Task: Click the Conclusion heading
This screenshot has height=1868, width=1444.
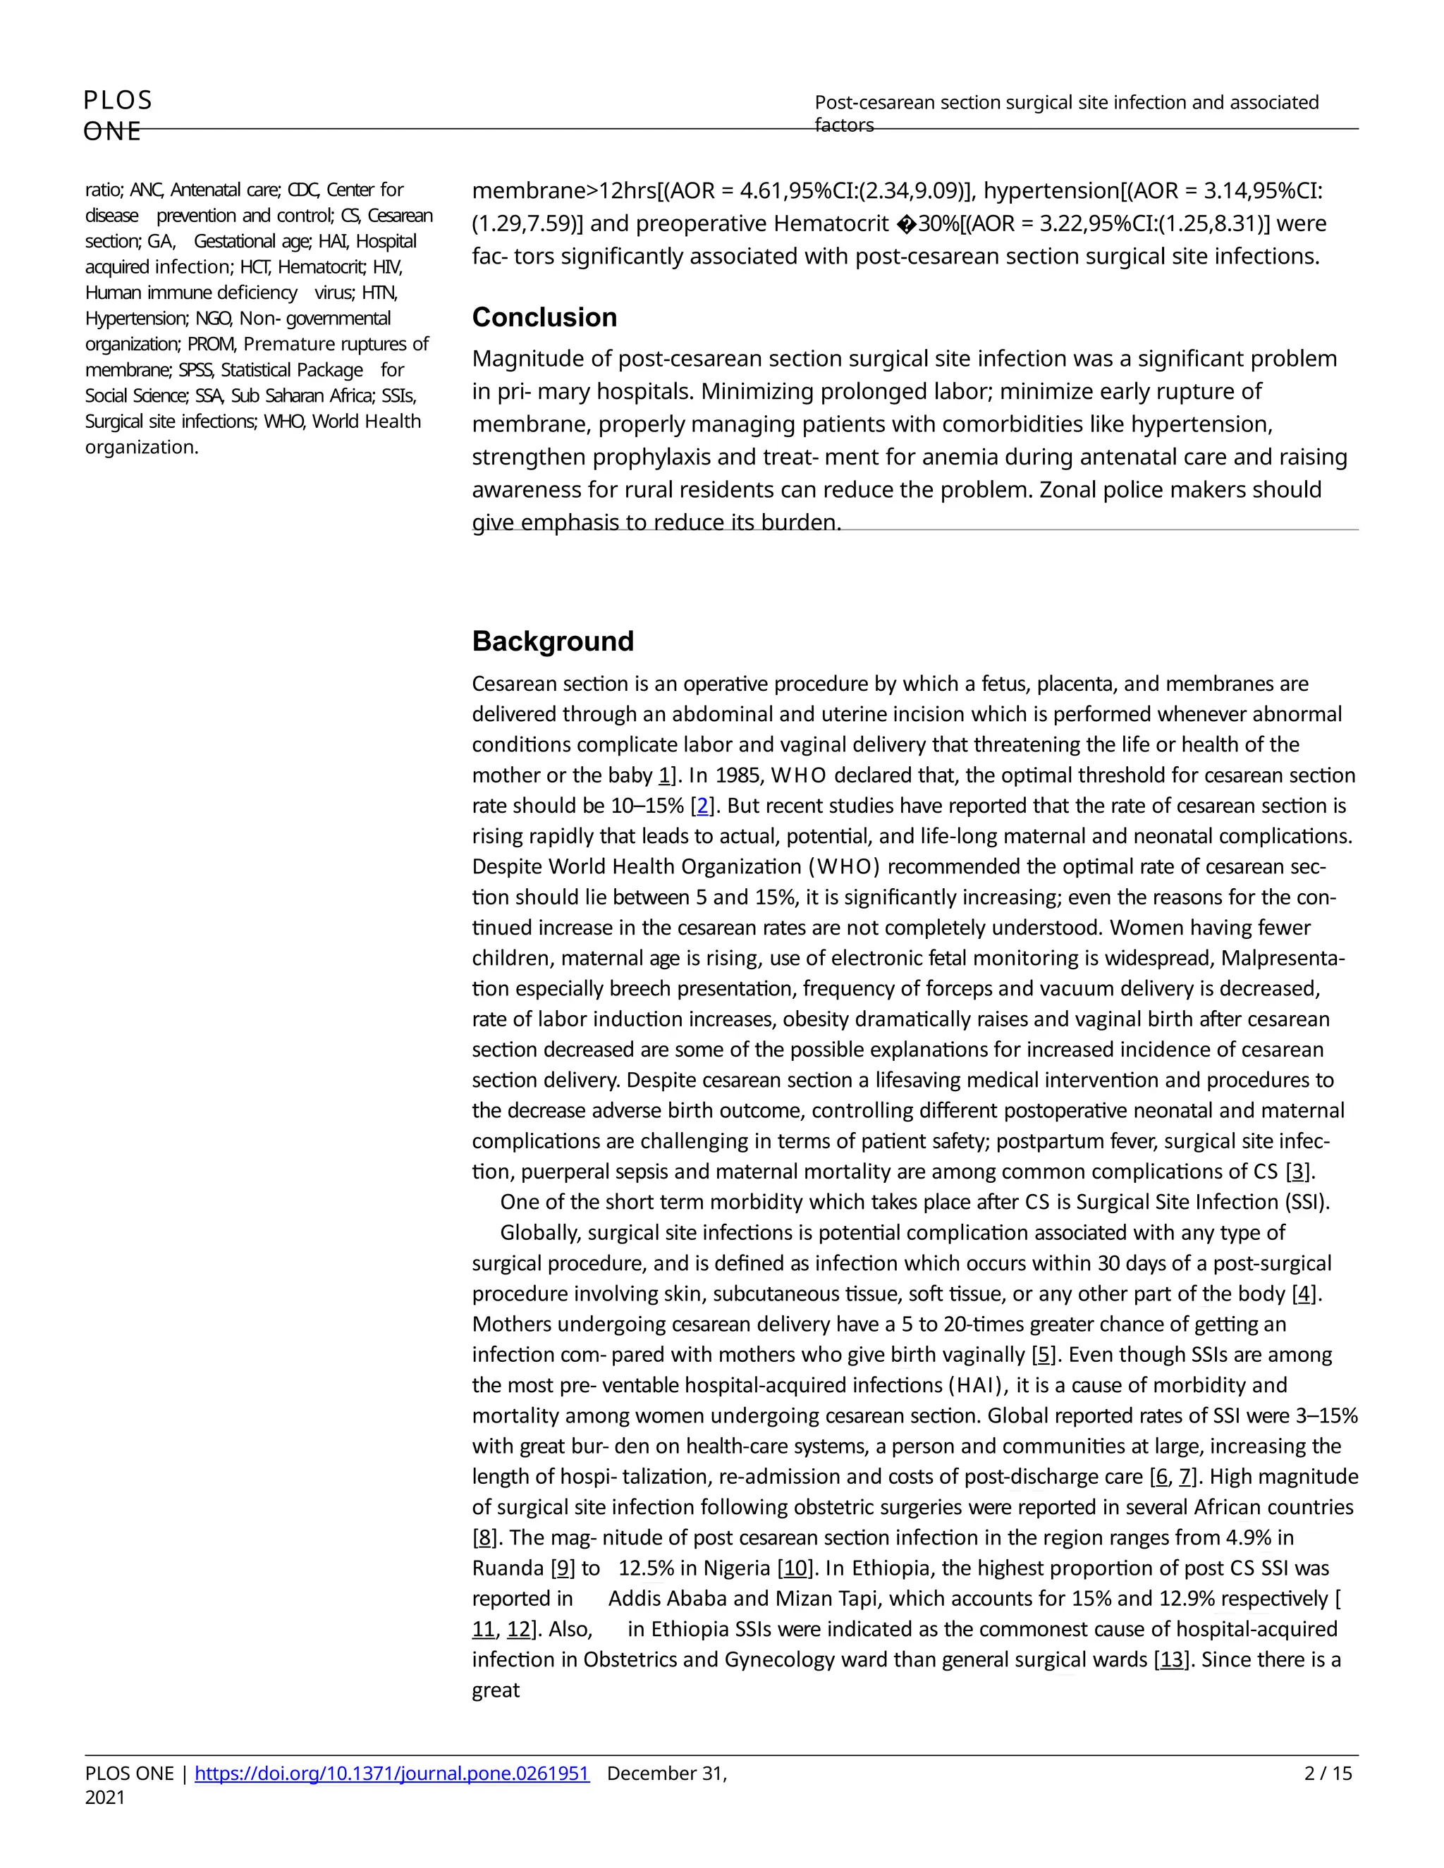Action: [x=544, y=317]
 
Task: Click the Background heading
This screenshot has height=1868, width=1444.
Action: [x=553, y=641]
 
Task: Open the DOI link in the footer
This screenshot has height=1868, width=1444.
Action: [x=392, y=1773]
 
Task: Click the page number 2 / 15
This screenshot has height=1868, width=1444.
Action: [x=1328, y=1773]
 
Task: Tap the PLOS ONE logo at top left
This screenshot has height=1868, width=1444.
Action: [x=118, y=115]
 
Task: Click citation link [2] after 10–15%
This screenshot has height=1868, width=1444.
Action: [x=702, y=806]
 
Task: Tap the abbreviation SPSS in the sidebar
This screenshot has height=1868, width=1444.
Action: [x=196, y=370]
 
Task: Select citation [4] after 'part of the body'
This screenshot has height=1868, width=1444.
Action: [x=1304, y=1294]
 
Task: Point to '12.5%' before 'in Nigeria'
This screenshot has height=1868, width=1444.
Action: [x=647, y=1568]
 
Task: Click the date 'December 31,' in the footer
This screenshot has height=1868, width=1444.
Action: [x=666, y=1773]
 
